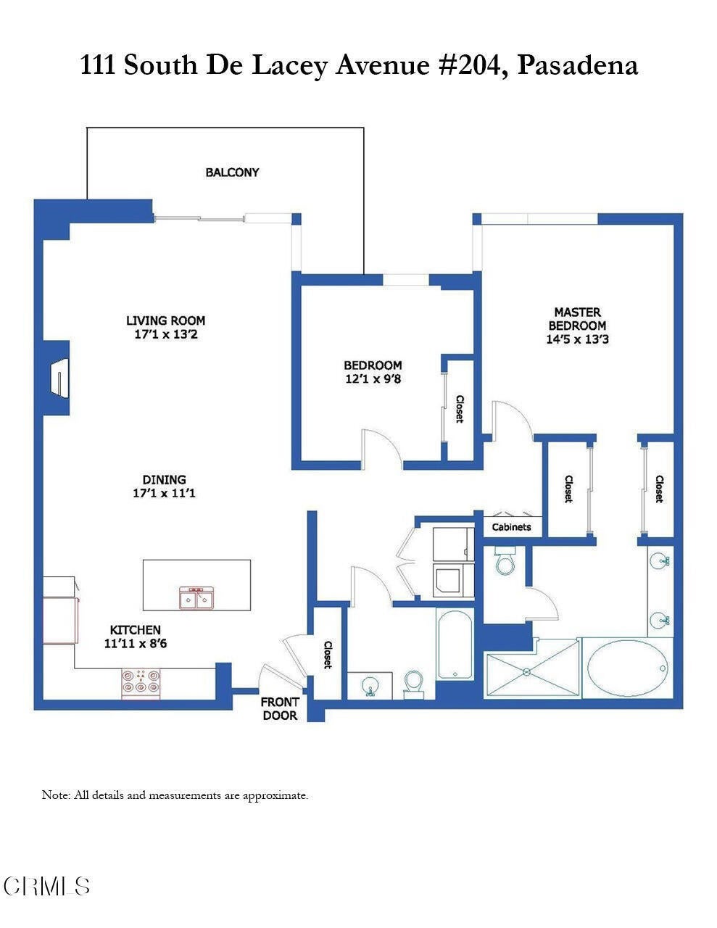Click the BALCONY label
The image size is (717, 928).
232,173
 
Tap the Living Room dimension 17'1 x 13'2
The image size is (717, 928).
165,335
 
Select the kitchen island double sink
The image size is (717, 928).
196,599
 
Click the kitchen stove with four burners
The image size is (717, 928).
141,683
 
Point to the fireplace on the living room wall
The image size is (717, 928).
58,378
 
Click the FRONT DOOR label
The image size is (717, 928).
280,709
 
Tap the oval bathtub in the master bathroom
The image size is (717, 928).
627,668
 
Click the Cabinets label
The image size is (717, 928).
511,527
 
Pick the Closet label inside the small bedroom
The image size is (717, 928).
460,409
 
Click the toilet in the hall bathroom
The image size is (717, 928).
413,683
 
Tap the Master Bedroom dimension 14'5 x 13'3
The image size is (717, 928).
577,339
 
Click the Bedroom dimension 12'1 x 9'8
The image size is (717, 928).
373,378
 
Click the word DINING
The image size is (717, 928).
164,479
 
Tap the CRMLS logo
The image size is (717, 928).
46,886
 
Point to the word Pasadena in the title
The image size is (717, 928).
578,65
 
